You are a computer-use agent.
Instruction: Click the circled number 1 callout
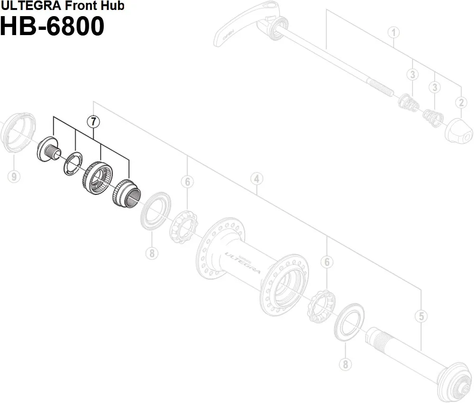[x=393, y=32]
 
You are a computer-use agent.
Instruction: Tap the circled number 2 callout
[x=460, y=101]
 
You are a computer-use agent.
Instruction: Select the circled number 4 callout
[x=256, y=179]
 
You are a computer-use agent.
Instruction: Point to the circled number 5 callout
[x=420, y=316]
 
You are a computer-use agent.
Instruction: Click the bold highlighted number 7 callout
[x=93, y=121]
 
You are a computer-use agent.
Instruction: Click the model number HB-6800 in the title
[x=52, y=27]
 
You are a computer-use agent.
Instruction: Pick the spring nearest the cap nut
[x=432, y=116]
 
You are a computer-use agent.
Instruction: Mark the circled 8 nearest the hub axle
[x=345, y=364]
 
